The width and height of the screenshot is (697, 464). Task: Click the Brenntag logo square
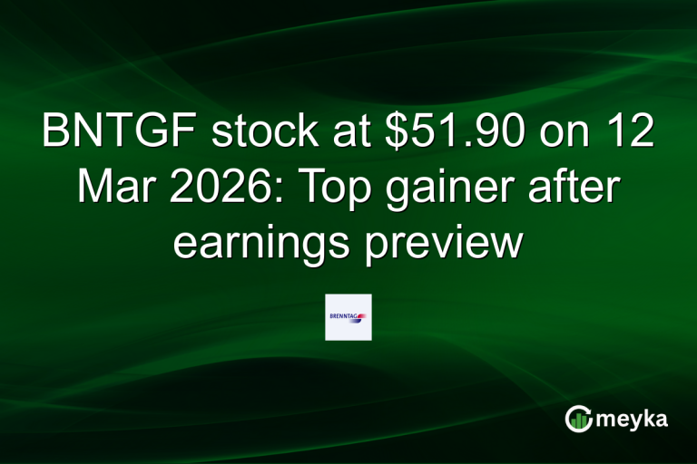(x=348, y=317)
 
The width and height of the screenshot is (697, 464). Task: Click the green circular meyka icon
(x=577, y=418)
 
